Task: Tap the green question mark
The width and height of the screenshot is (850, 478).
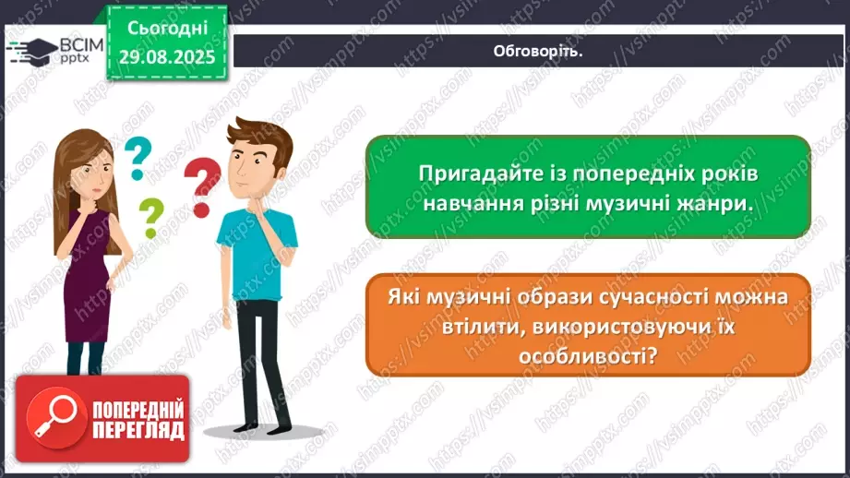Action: [150, 218]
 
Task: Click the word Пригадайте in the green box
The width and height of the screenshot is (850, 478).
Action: [467, 173]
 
